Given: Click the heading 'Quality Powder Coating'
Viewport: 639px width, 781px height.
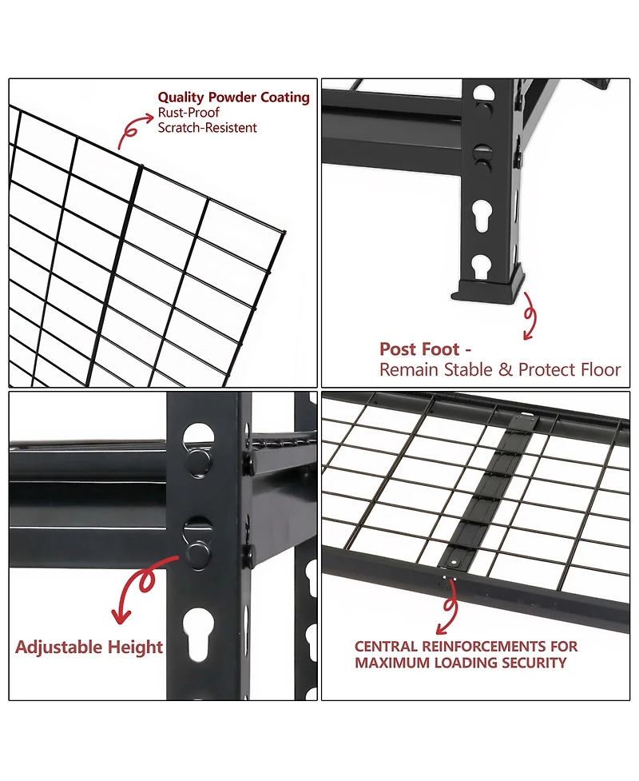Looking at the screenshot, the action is [x=233, y=98].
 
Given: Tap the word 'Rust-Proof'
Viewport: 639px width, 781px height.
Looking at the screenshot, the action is [x=189, y=113].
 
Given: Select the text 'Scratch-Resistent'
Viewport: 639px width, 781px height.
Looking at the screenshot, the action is [x=207, y=128].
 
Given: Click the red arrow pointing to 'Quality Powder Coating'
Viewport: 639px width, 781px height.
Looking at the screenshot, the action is [x=133, y=130].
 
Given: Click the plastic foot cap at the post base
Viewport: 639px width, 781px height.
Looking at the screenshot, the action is [x=488, y=289].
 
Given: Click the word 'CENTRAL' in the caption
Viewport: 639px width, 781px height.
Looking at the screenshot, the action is [x=386, y=647].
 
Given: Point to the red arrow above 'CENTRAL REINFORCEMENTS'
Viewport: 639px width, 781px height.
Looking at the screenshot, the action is [x=448, y=612].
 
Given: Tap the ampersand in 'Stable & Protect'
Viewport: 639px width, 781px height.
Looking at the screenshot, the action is [x=505, y=370].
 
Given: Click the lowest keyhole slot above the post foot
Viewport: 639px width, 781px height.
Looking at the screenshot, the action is [x=481, y=267].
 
